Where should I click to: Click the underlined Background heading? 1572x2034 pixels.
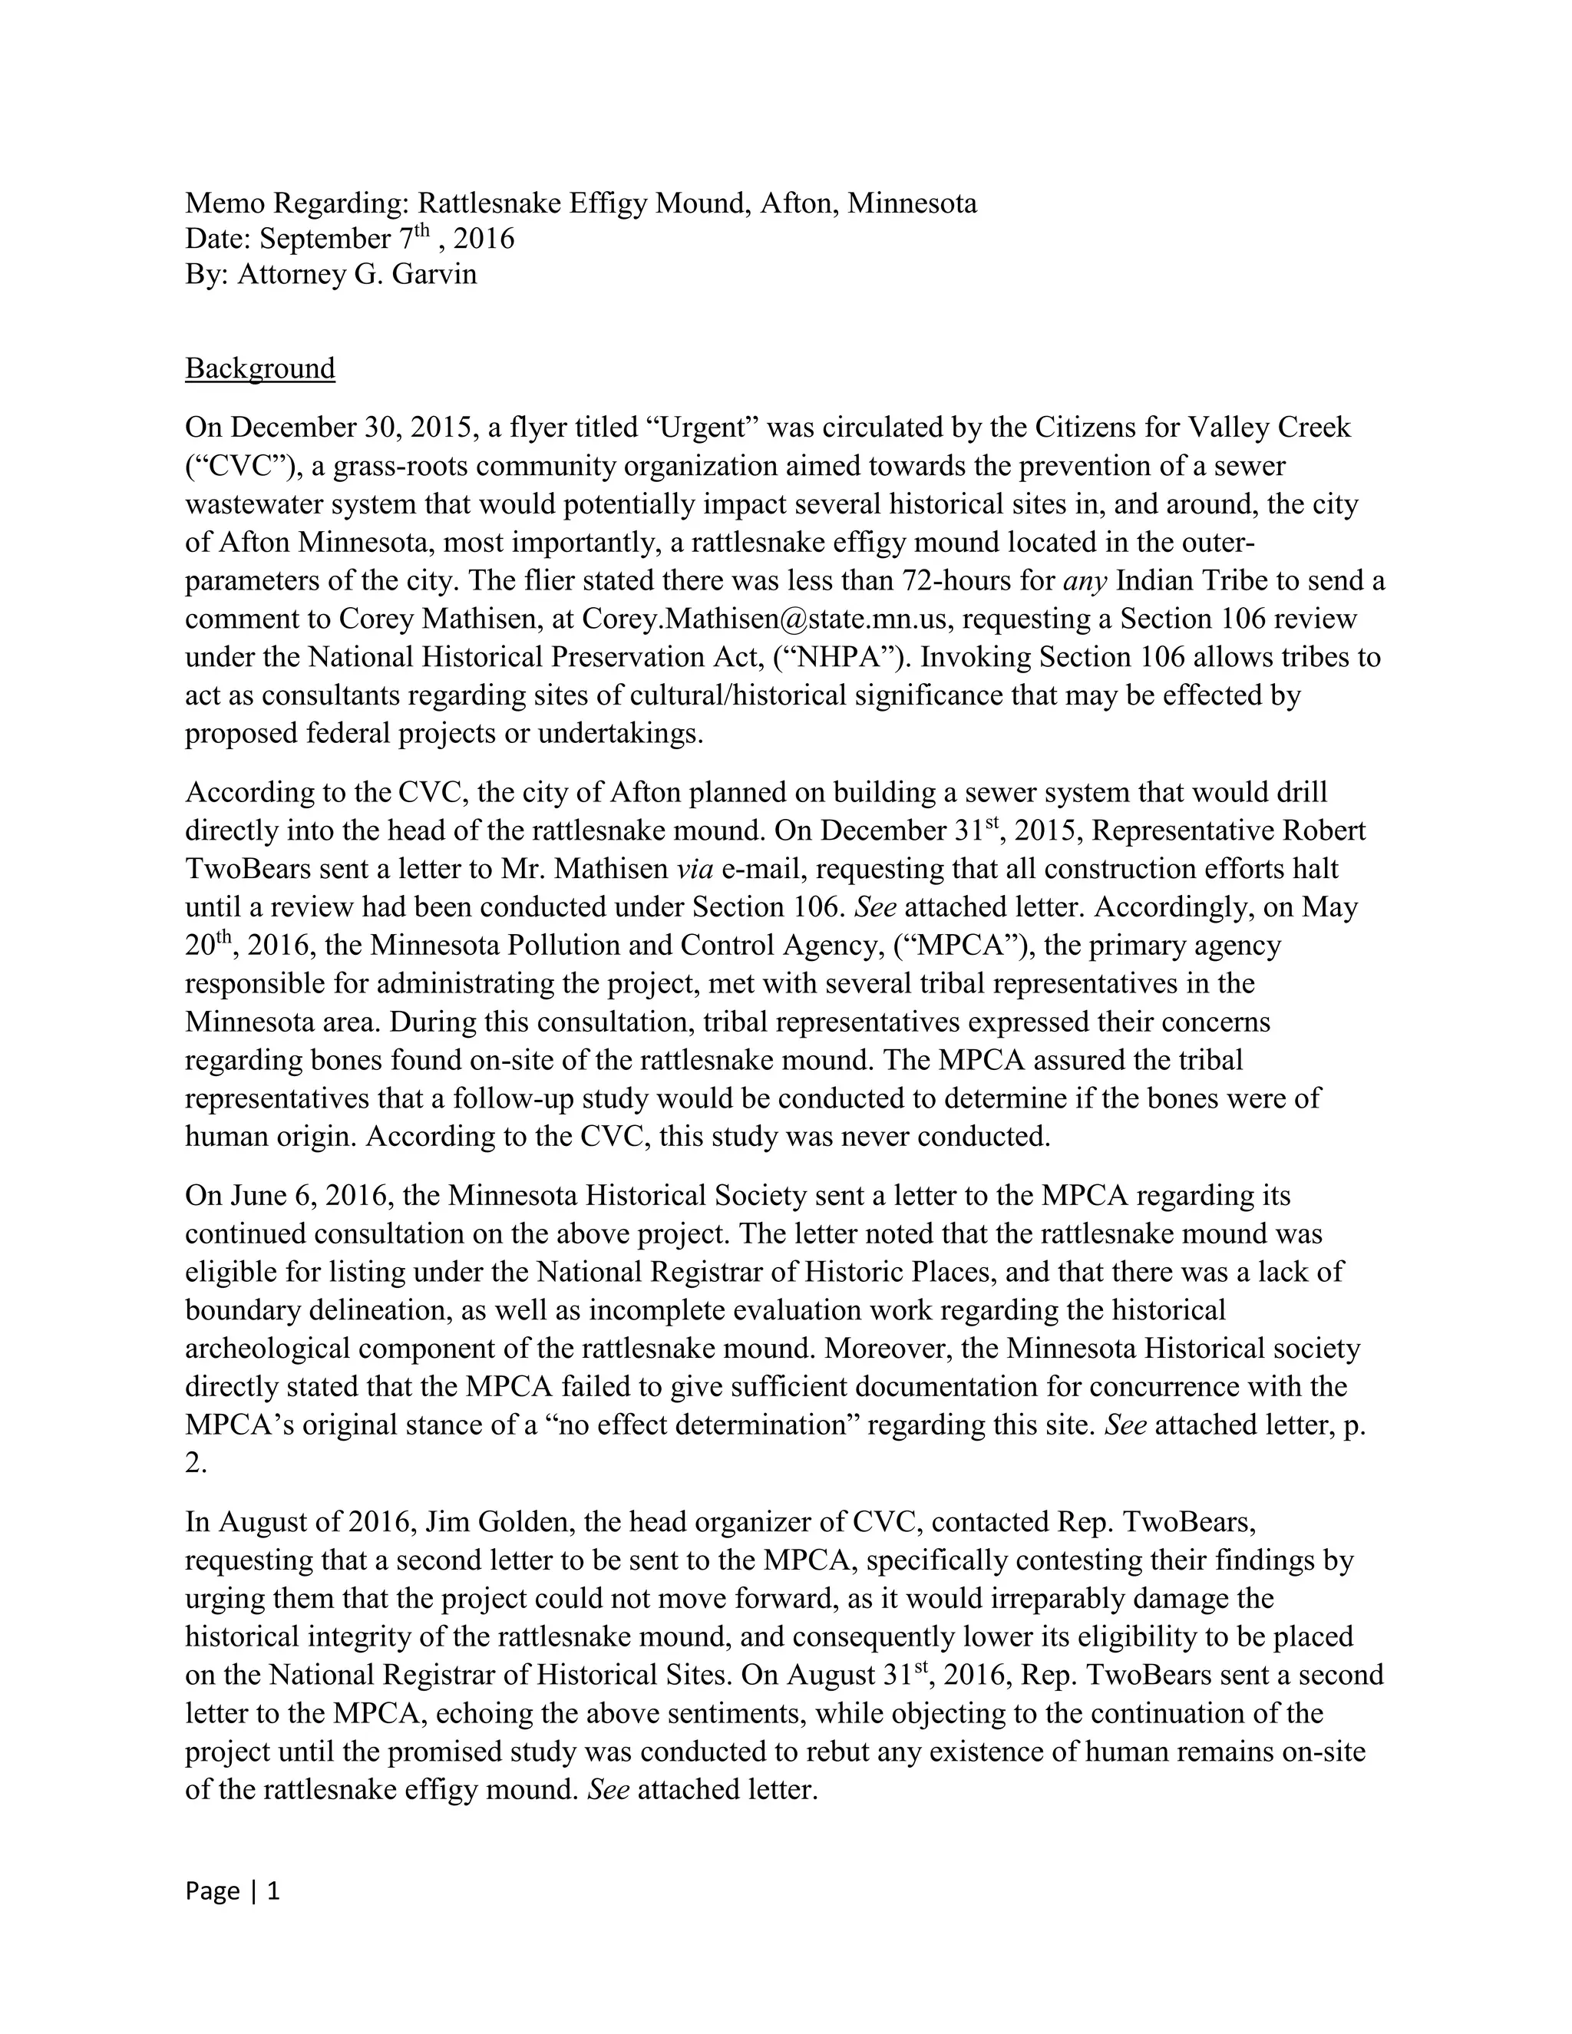coord(260,368)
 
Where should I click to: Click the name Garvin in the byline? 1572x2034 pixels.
coord(438,275)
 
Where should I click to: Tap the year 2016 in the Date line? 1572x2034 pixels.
coord(484,239)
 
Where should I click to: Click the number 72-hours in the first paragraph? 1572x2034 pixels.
coord(956,581)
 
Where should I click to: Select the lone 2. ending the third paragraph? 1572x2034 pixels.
coord(195,1463)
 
